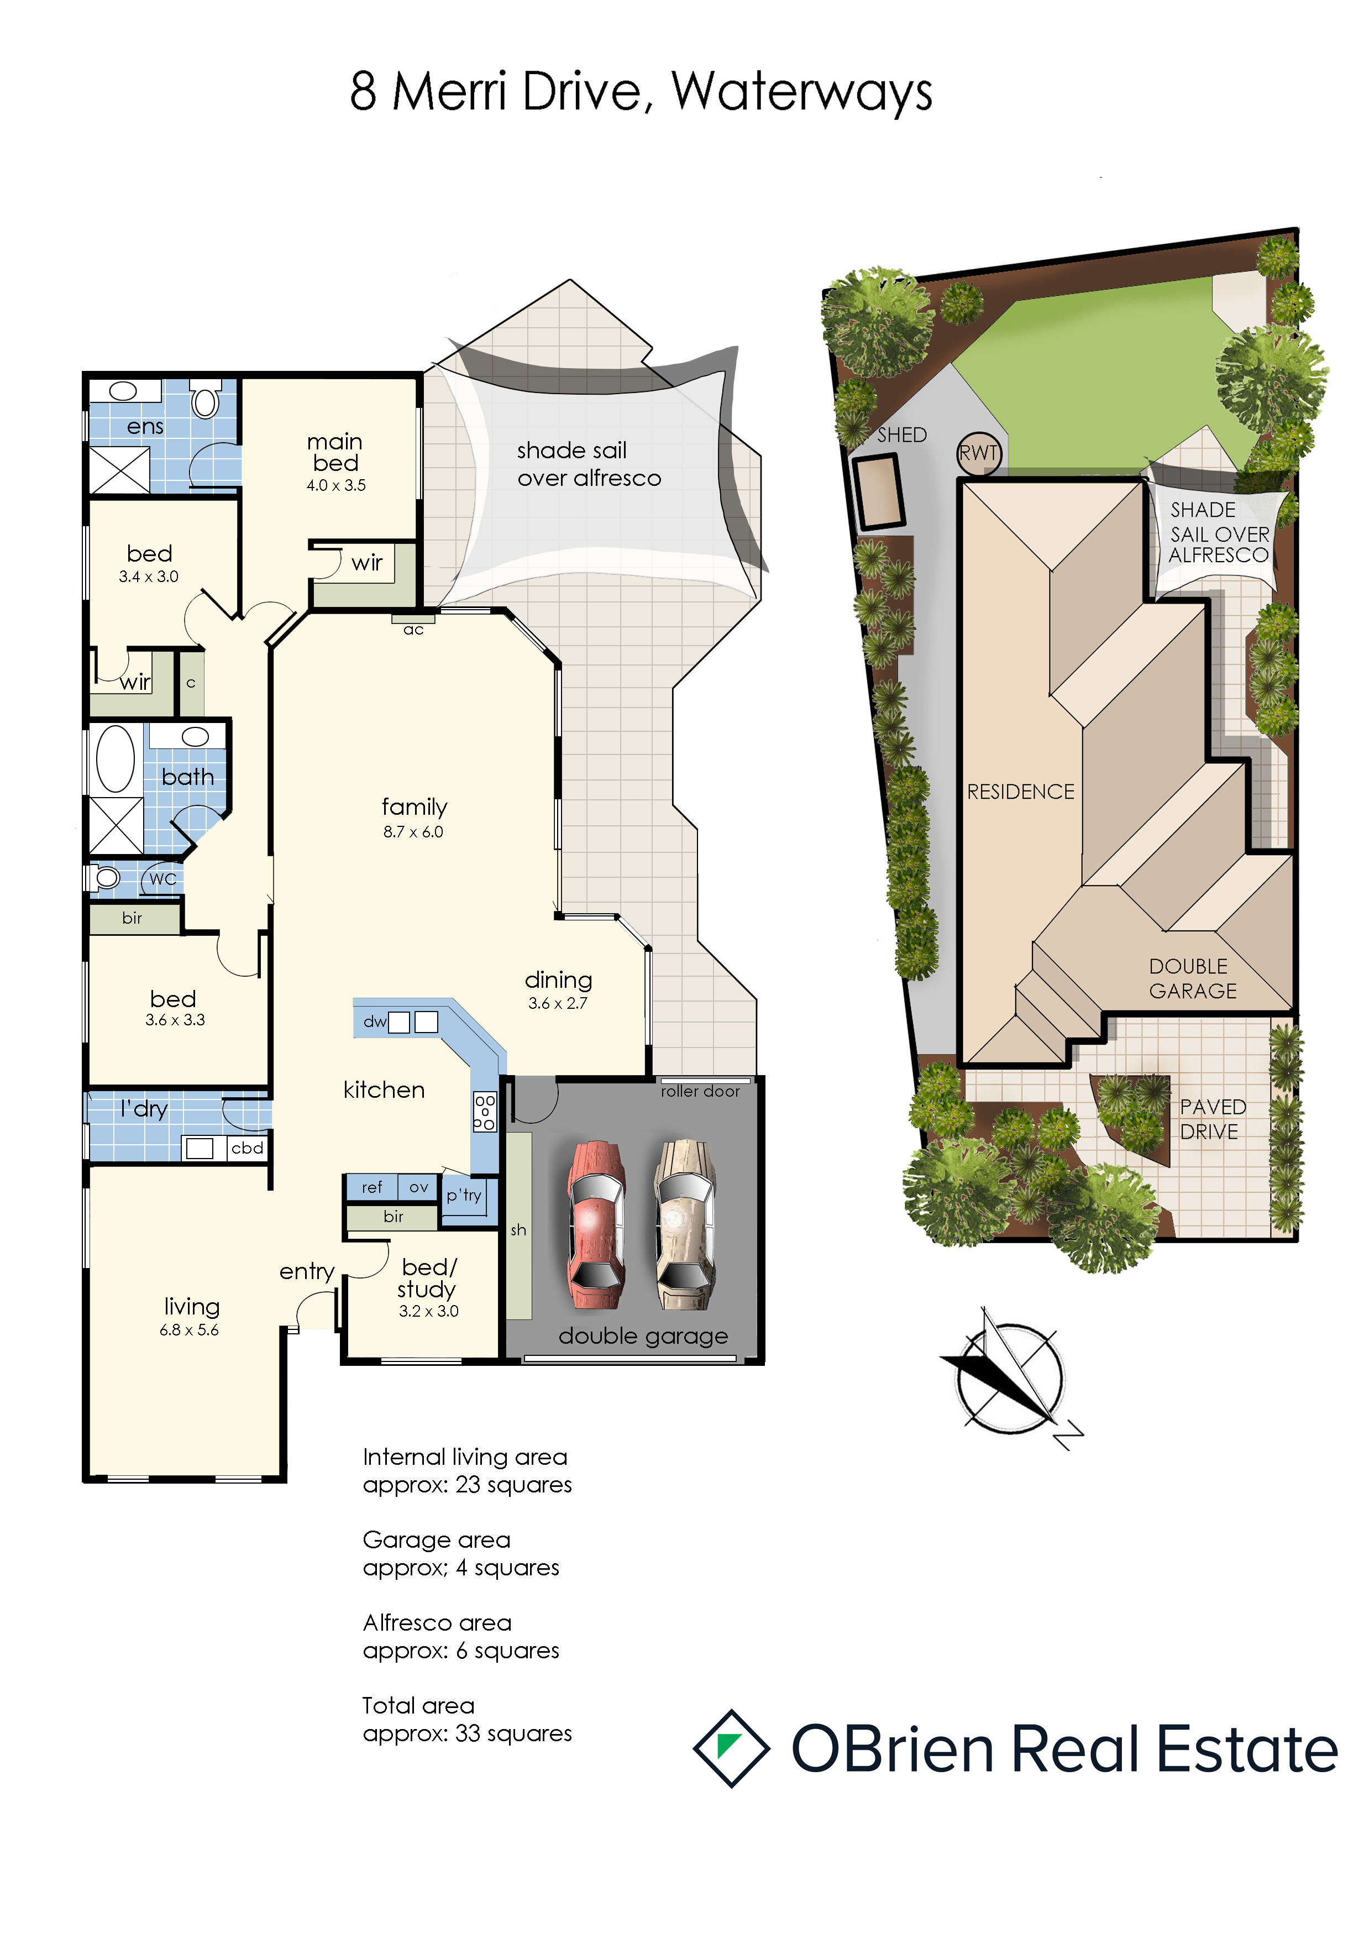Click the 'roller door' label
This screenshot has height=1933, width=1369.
click(x=700, y=1091)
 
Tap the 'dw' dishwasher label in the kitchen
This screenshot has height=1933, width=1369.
click(x=374, y=1021)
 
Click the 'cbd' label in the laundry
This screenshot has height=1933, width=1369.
click(x=247, y=1148)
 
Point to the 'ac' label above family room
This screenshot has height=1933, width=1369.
click(x=413, y=630)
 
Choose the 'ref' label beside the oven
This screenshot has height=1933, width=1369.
click(x=372, y=1187)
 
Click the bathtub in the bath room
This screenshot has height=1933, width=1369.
click(x=116, y=759)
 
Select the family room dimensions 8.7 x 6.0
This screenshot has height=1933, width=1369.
click(x=413, y=831)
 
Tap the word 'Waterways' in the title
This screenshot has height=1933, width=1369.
click(x=802, y=92)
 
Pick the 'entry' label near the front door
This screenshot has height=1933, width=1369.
click(x=307, y=1271)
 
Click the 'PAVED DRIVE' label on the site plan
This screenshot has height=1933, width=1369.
click(x=1212, y=1119)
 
